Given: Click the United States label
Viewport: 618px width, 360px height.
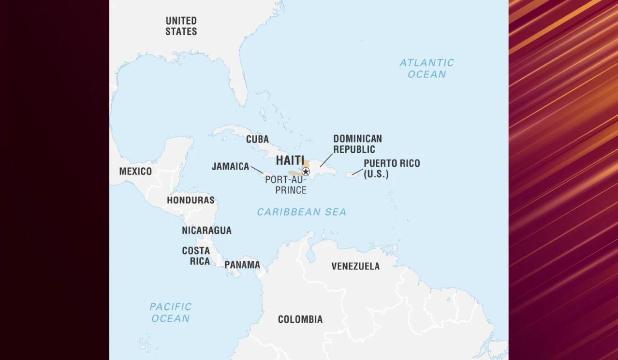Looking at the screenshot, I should click(x=181, y=26).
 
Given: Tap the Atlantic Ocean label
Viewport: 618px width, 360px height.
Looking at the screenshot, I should click(x=427, y=68).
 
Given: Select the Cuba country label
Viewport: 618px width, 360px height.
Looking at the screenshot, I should click(x=257, y=139).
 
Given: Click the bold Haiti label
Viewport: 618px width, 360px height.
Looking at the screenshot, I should click(x=290, y=160).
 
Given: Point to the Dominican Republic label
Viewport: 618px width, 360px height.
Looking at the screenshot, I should click(x=357, y=144).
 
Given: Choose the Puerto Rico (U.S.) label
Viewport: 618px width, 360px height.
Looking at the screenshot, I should click(x=392, y=169).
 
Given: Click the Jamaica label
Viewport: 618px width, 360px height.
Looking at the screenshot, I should click(x=230, y=167).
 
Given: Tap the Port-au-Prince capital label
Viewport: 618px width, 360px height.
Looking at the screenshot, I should click(x=286, y=185).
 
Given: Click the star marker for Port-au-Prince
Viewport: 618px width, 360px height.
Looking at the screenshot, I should click(x=306, y=172).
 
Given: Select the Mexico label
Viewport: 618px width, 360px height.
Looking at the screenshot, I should click(x=135, y=172).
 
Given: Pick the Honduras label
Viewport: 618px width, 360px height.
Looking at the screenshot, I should click(x=191, y=200).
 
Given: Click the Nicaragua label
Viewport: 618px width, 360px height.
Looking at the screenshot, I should click(x=206, y=230).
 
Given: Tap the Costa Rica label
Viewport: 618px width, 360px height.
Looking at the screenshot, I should click(x=196, y=256).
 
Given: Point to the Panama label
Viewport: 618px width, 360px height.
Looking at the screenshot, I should click(x=242, y=265).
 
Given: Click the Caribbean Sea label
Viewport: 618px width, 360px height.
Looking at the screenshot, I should click(x=301, y=212).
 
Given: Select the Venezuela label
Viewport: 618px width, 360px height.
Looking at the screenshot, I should click(x=355, y=266).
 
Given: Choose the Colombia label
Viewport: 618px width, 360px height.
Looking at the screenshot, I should click(x=300, y=319).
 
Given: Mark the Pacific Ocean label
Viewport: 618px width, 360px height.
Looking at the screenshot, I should click(x=171, y=313).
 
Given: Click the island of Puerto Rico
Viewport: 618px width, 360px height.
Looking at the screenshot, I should click(x=352, y=175).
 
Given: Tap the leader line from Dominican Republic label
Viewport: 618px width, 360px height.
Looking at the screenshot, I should click(x=326, y=160).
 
